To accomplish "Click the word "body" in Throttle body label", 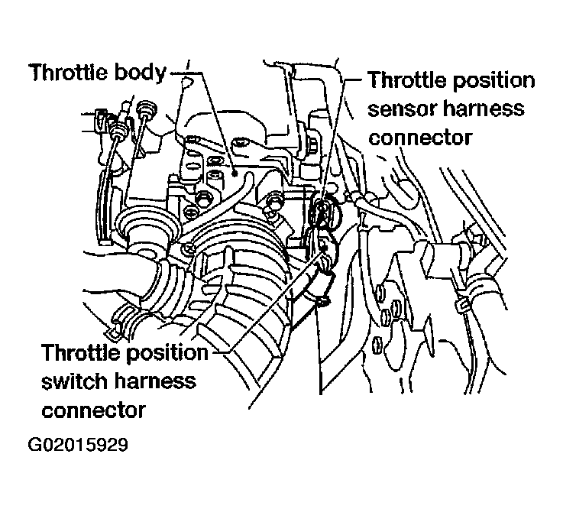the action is click(140, 73).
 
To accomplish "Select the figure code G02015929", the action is click(78, 445).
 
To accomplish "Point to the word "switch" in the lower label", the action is click(73, 381).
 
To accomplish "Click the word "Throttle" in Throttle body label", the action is click(70, 72).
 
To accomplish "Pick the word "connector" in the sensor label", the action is click(420, 138).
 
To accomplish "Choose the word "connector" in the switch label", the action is click(94, 410).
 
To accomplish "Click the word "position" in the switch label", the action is click(167, 354).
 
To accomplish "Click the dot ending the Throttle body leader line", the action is click(235, 173).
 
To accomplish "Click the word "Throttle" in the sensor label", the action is click(407, 79).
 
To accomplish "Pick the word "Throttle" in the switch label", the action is click(82, 352).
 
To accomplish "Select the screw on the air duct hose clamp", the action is click(188, 248).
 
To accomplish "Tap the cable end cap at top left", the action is click(145, 109).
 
